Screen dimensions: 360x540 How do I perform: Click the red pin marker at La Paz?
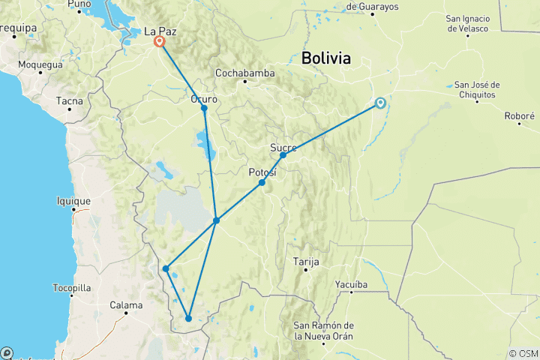[160, 42]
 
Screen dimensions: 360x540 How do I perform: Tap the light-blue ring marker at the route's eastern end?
[380, 103]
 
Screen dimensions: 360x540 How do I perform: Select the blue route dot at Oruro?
[204, 109]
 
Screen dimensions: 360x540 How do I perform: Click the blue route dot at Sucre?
[283, 155]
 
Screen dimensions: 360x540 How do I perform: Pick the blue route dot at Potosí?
[262, 182]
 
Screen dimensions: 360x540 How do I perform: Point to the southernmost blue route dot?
[188, 319]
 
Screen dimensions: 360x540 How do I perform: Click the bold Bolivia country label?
[326, 58]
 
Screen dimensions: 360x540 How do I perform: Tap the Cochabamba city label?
[244, 73]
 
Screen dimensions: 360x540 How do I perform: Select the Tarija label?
[305, 262]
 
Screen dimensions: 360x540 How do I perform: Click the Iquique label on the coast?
[73, 201]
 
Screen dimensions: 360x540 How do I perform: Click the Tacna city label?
[69, 101]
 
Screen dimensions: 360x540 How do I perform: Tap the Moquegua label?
[40, 64]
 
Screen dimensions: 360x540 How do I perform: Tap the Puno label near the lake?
[79, 4]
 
